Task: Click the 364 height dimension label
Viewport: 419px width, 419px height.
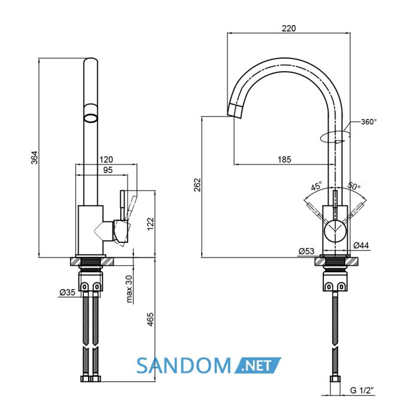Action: pos(35,157)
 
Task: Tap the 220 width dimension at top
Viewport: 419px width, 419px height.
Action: pos(289,28)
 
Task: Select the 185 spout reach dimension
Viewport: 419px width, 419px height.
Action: pos(284,160)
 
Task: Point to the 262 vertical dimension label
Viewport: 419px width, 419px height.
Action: pos(197,184)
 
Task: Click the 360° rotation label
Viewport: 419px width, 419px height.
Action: pos(369,122)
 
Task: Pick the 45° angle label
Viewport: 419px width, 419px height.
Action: pos(317,186)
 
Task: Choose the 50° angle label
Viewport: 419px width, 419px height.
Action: pos(354,186)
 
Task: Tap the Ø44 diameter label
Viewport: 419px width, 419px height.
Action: pos(361,245)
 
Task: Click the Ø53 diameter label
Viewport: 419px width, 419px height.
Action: pos(306,251)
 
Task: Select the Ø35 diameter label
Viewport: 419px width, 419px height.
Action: pos(68,292)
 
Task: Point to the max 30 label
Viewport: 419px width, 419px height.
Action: pos(129,289)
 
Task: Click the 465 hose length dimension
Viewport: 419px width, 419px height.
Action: pos(151,319)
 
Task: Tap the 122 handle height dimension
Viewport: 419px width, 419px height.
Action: pos(151,224)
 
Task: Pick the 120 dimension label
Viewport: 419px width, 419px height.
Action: pos(106,160)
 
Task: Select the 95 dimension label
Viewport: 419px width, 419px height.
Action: pos(108,170)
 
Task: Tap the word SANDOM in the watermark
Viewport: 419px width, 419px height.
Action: pos(184,366)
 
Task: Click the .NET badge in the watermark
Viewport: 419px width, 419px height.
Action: pos(257,365)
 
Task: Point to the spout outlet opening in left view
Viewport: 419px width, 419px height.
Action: pos(91,118)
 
